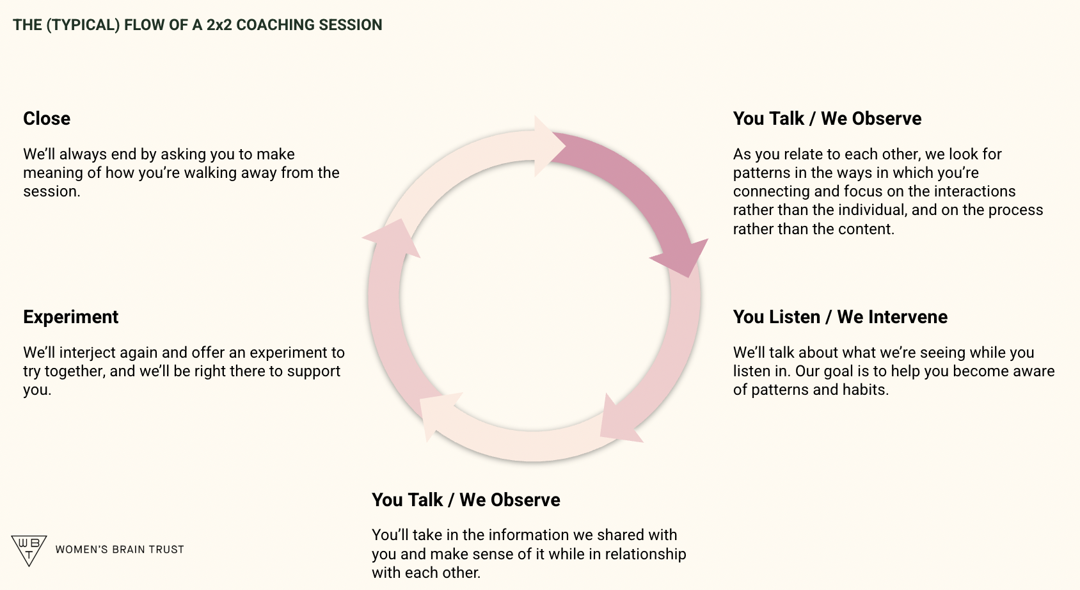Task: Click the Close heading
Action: pos(47,118)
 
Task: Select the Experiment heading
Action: pos(70,317)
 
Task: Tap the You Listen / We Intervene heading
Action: pos(840,317)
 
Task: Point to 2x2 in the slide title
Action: pos(219,25)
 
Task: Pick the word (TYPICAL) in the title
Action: pos(83,25)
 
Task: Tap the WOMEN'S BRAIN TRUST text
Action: pos(120,550)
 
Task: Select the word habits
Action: pos(864,390)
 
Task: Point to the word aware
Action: pos(1033,371)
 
